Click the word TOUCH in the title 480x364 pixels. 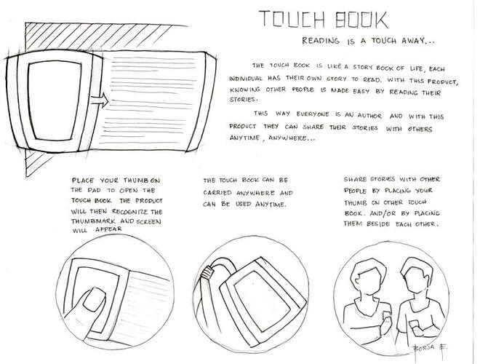[x=292, y=20]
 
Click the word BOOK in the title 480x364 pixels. [x=362, y=20]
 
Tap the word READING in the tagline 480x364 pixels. [x=321, y=41]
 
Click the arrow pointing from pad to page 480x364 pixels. [x=100, y=100]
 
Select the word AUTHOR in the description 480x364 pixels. [x=369, y=116]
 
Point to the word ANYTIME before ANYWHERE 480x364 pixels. [x=244, y=138]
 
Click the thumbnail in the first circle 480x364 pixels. [x=93, y=298]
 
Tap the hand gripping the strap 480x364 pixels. [x=207, y=272]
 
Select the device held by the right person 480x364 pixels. [x=415, y=325]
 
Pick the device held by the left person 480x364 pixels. [x=387, y=316]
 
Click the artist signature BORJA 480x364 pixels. [x=424, y=347]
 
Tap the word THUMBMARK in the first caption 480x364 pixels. [x=94, y=221]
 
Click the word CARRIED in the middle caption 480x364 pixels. [x=217, y=193]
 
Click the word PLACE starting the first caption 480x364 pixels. [x=83, y=180]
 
